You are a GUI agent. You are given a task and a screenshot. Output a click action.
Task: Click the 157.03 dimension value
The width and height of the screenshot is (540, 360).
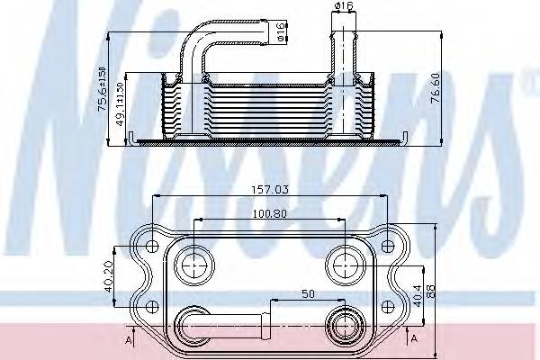click(269, 190)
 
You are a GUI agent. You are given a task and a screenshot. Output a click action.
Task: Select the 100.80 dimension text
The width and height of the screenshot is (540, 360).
click(269, 214)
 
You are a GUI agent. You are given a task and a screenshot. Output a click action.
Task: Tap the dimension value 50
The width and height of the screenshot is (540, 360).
click(309, 294)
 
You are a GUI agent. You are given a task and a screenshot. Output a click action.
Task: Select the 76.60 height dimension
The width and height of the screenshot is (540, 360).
click(436, 90)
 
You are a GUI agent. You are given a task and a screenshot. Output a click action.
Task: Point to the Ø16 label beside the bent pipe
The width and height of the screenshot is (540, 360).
click(282, 33)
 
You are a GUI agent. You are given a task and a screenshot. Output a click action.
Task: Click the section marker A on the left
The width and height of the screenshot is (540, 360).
click(129, 340)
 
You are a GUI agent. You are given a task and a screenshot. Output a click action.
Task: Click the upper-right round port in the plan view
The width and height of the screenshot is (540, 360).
click(345, 264)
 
